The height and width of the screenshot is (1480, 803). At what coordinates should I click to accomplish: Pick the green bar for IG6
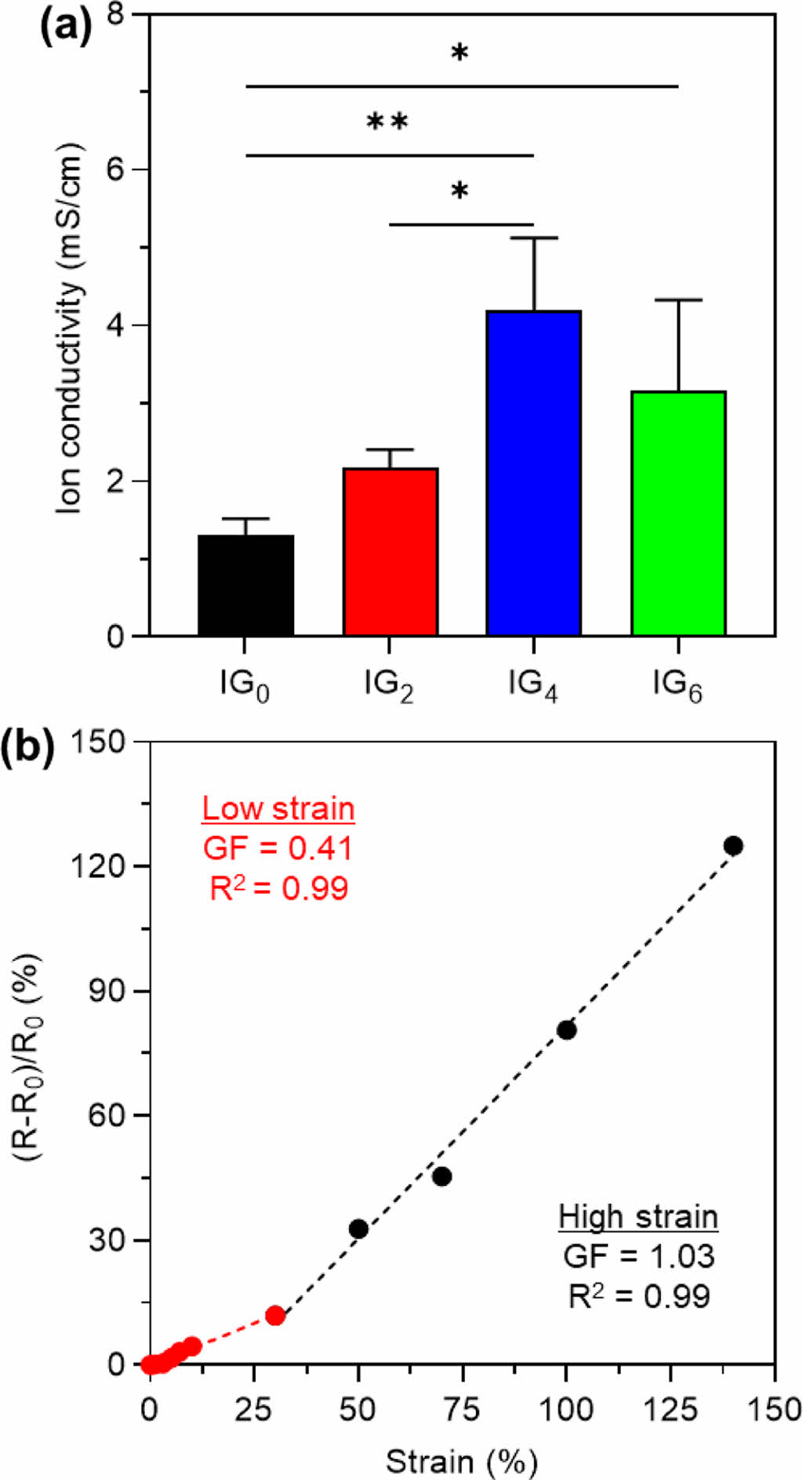pyautogui.click(x=678, y=513)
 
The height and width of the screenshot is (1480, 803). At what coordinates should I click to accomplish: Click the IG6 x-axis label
pyautogui.click(x=678, y=686)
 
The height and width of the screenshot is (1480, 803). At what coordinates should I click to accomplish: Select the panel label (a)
pyautogui.click(x=66, y=29)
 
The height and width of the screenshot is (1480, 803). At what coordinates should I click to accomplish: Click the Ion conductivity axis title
pyautogui.click(x=70, y=329)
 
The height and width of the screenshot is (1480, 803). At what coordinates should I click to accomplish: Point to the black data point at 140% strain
pyautogui.click(x=733, y=846)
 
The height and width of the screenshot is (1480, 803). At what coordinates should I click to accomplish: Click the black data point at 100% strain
pyautogui.click(x=567, y=1030)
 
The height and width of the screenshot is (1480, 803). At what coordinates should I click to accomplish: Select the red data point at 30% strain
pyautogui.click(x=274, y=1315)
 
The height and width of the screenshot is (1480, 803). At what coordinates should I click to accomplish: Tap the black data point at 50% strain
pyautogui.click(x=358, y=1228)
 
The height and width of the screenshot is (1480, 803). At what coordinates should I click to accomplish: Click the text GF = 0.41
pyautogui.click(x=278, y=848)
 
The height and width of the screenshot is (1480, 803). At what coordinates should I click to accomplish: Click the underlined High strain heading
pyautogui.click(x=638, y=1217)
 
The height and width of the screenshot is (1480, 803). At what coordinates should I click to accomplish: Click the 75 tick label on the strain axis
pyautogui.click(x=462, y=1410)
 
